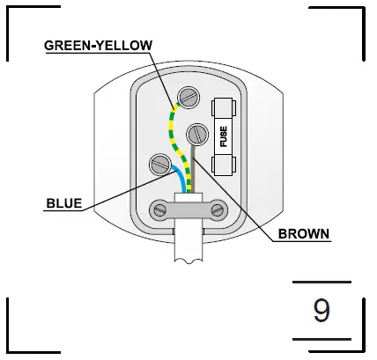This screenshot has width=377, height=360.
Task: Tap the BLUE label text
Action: click(64, 204)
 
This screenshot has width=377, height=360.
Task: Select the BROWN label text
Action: click(303, 234)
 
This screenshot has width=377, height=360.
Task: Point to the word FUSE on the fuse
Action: click(224, 136)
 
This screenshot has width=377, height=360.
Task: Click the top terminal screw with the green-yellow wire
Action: click(188, 96)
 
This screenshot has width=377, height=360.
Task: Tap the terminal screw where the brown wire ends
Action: click(197, 135)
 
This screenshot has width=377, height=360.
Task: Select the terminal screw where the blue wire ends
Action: click(159, 164)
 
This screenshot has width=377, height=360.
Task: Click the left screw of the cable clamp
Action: click(159, 209)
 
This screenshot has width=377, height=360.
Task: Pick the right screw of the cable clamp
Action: click(217, 209)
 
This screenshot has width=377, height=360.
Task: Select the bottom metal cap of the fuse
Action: click(223, 165)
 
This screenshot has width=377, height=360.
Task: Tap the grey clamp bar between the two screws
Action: click(188, 209)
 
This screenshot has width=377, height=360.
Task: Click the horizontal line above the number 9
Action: click(322, 284)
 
